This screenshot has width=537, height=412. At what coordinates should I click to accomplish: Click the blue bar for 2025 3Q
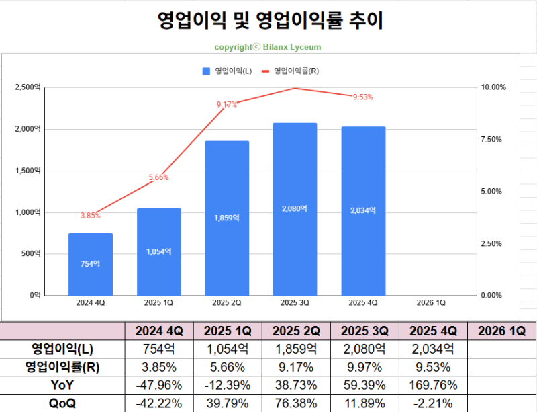click(x=295, y=209)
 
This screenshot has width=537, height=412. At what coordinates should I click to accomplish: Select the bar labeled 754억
click(x=90, y=264)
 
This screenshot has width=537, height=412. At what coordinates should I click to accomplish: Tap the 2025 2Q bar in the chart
click(x=226, y=218)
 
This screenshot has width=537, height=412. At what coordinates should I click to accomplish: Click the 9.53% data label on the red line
click(x=362, y=97)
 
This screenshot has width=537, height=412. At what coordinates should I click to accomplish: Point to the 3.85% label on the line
click(x=90, y=216)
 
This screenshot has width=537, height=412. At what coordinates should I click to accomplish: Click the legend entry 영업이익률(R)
click(x=295, y=71)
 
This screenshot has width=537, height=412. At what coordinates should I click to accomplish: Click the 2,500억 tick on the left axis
click(x=28, y=87)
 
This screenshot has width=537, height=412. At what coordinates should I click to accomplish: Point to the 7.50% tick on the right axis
click(x=493, y=139)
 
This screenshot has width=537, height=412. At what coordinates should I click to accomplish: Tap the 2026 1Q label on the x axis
click(x=431, y=303)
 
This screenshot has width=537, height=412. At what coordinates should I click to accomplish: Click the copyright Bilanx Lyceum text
click(x=268, y=47)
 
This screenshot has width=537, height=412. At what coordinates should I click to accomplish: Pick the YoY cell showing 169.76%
click(x=433, y=385)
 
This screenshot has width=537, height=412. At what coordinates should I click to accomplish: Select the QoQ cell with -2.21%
click(x=433, y=403)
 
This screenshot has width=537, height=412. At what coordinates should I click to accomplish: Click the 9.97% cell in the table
click(x=364, y=367)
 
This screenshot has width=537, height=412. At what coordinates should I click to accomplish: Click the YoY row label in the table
click(x=62, y=385)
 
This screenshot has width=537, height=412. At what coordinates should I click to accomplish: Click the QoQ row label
click(x=62, y=403)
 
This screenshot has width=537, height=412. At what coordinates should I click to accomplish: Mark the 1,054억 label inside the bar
click(x=158, y=251)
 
